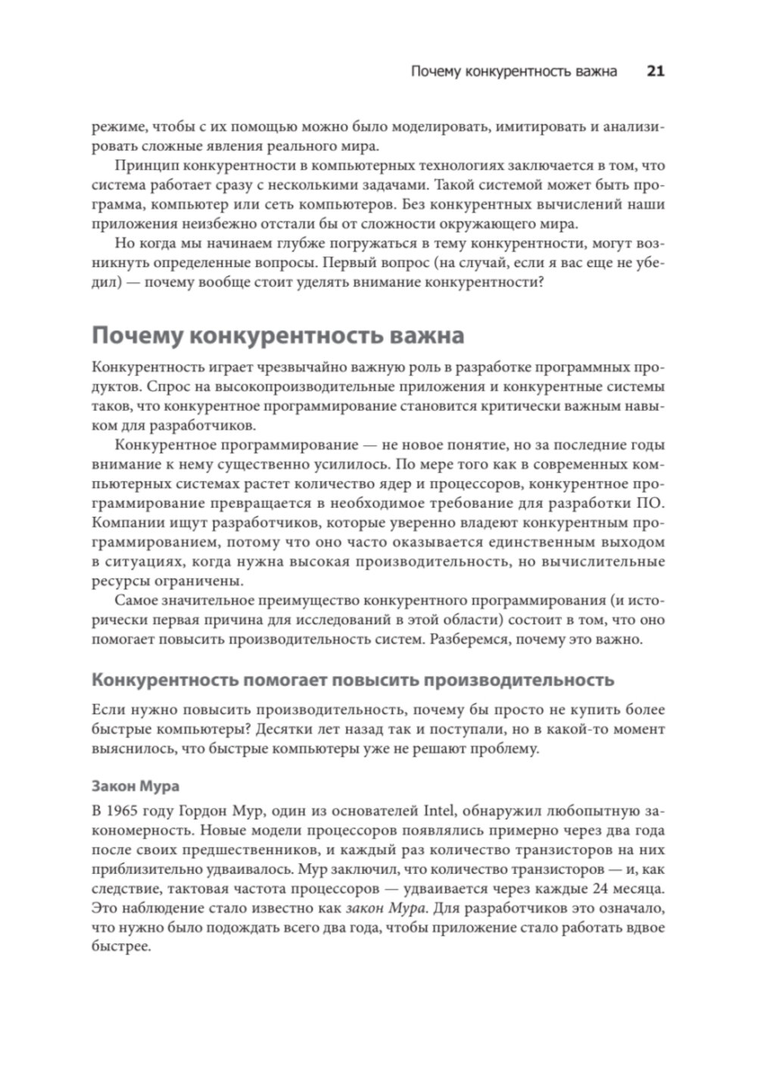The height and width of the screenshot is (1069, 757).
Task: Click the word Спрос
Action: coord(162,387)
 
